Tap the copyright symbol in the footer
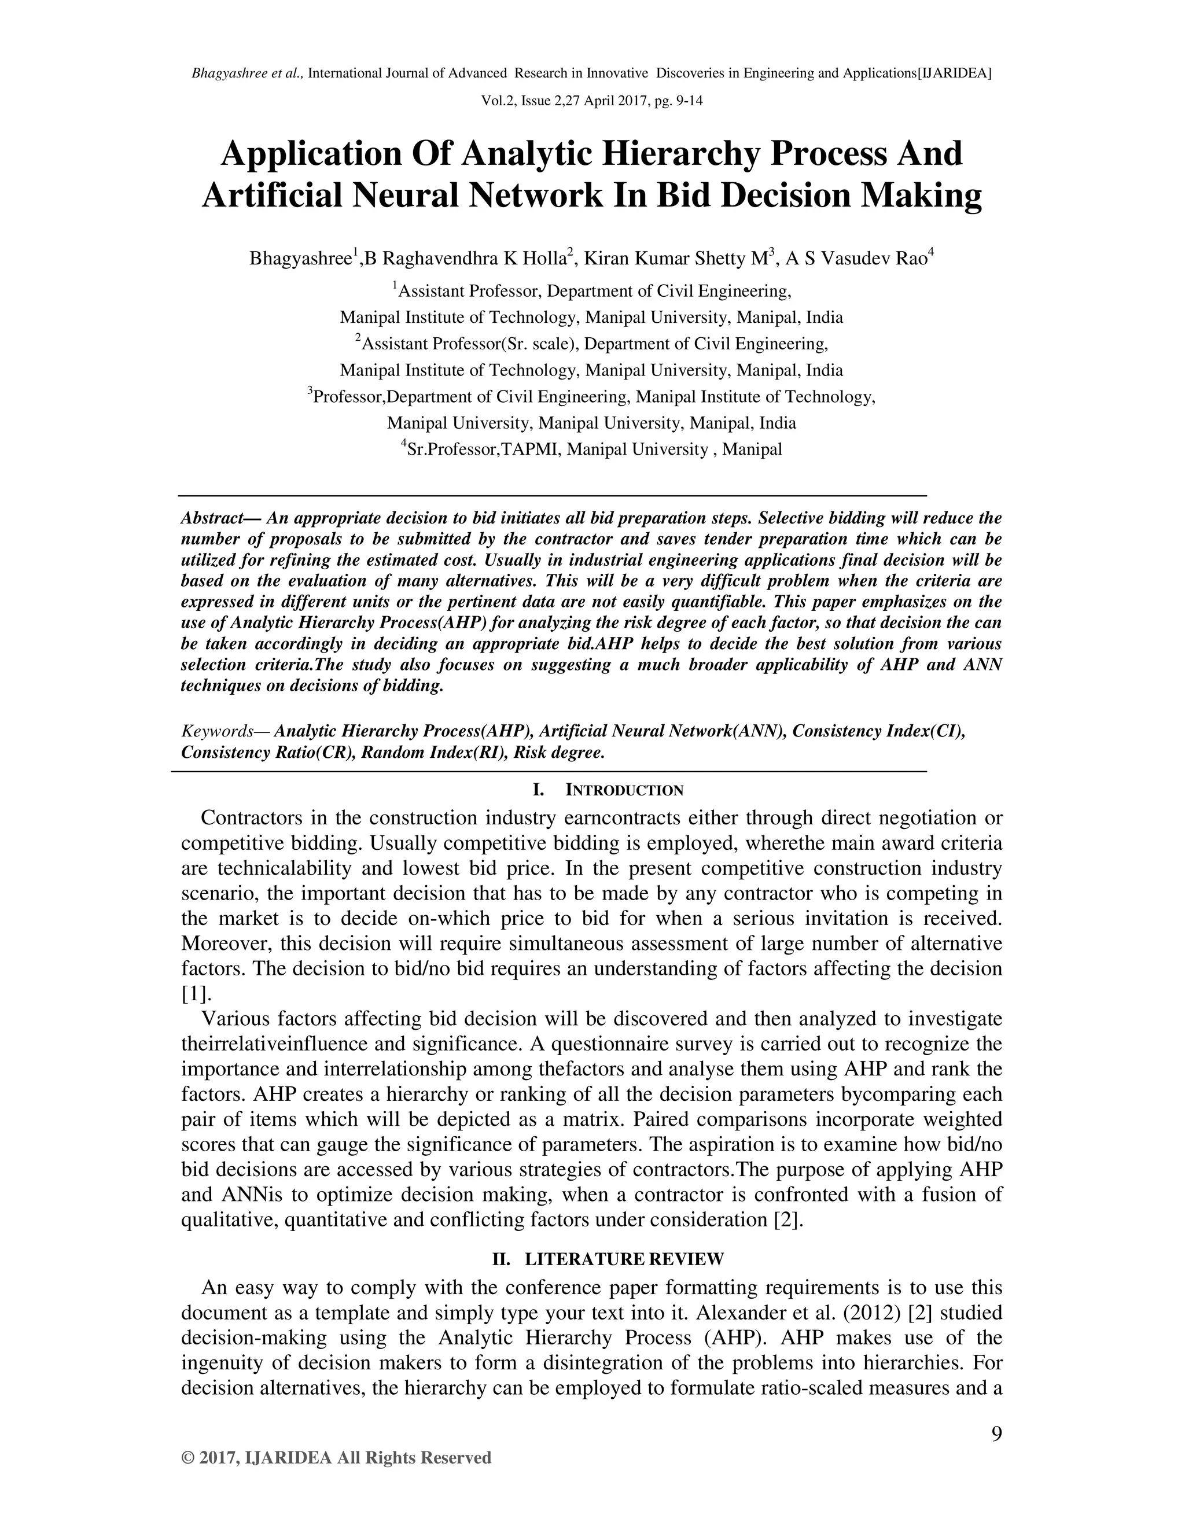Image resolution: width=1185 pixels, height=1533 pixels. click(187, 1458)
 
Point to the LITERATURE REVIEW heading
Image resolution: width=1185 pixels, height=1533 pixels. click(624, 1259)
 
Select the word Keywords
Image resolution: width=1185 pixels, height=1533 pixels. click(216, 731)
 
